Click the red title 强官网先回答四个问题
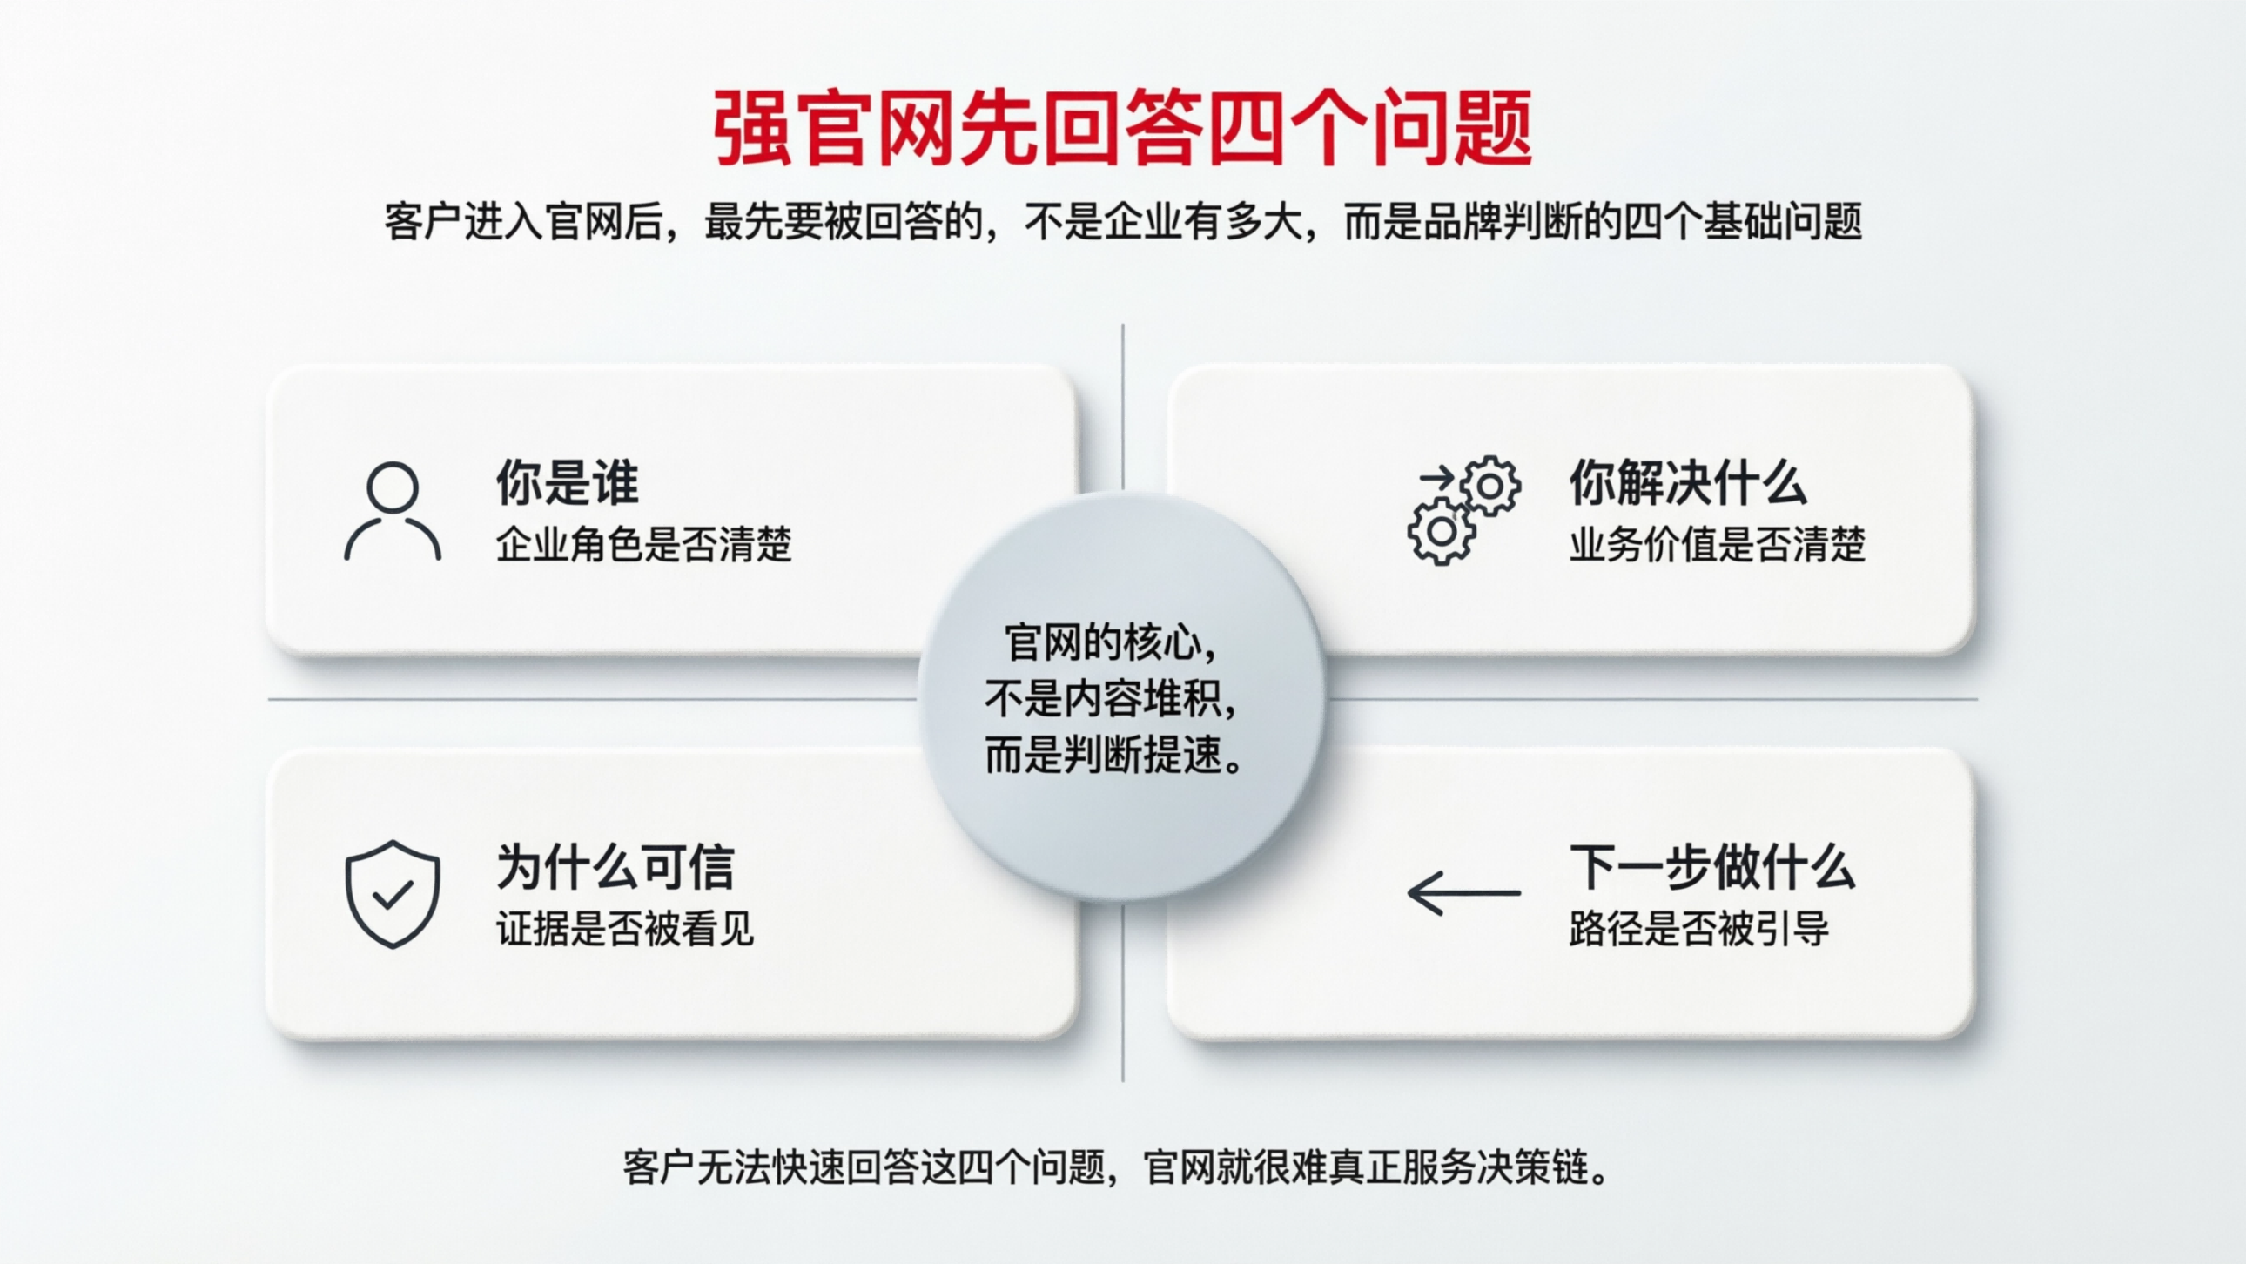[x=1122, y=129]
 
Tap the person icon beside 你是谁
[x=393, y=511]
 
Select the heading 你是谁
[x=568, y=482]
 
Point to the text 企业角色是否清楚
[x=643, y=545]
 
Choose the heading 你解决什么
[x=1687, y=482]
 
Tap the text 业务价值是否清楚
[x=1717, y=545]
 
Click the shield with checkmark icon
[x=393, y=893]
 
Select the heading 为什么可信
[x=615, y=866]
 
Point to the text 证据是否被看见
[x=625, y=928]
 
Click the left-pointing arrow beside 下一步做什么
[x=1464, y=893]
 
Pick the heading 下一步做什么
[x=1711, y=866]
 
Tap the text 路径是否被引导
[x=1698, y=928]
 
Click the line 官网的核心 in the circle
[x=1108, y=643]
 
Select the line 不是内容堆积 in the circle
[x=1108, y=699]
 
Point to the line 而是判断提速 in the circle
[x=1112, y=755]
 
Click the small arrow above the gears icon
[x=1436, y=477]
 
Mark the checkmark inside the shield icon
[x=393, y=894]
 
